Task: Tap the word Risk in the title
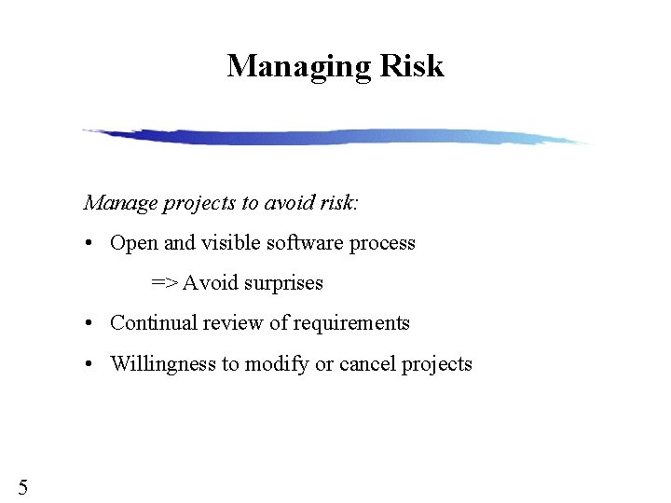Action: click(x=411, y=66)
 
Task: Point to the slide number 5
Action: click(x=23, y=486)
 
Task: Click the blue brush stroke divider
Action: click(x=335, y=137)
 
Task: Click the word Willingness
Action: click(x=162, y=364)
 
